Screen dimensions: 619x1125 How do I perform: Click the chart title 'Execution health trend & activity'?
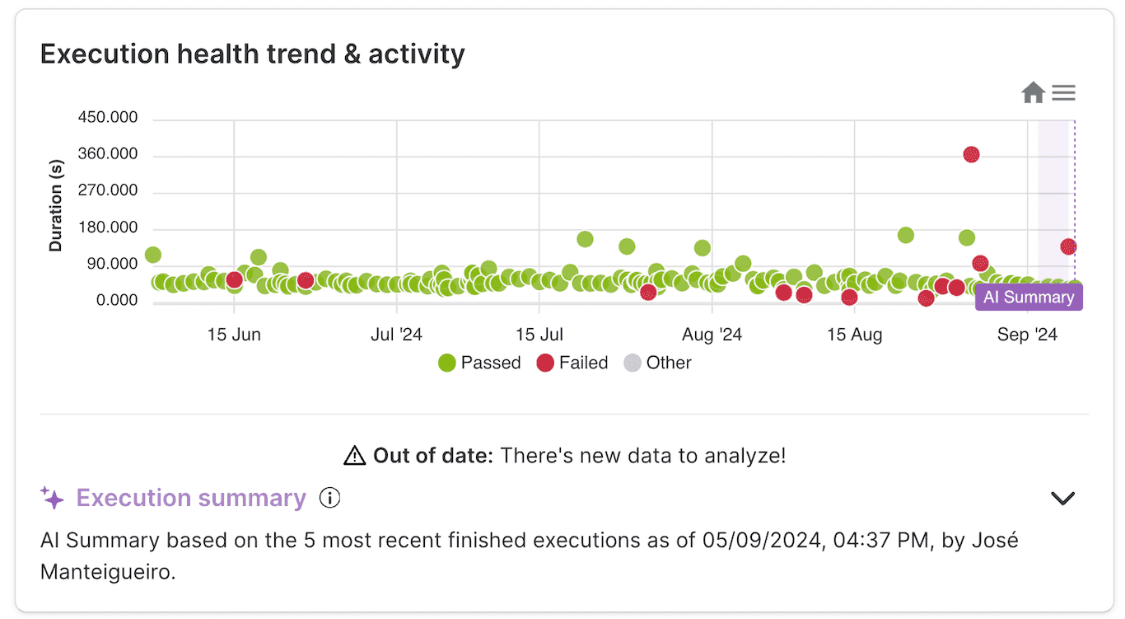[252, 54]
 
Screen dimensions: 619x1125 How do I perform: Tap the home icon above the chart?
[1033, 93]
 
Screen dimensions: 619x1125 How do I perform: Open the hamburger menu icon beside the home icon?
[1064, 93]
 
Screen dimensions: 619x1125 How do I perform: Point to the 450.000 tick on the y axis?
[108, 118]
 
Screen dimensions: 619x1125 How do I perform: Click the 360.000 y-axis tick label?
[108, 154]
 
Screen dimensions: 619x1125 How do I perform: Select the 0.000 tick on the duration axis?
[116, 300]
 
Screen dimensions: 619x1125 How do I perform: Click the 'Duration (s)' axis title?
[56, 206]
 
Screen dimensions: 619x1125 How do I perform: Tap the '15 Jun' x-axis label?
[234, 335]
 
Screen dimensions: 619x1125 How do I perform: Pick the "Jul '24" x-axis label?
[396, 335]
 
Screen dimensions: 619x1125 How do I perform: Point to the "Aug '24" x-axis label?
[712, 335]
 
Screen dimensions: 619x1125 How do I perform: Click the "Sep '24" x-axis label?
[1027, 335]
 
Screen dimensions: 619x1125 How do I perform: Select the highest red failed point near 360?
[971, 154]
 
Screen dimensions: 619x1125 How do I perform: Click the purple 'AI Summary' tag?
[1029, 298]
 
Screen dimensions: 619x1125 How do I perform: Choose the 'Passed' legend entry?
[480, 363]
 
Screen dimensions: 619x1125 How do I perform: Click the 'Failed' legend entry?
[573, 363]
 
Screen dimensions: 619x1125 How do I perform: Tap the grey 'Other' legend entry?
[658, 363]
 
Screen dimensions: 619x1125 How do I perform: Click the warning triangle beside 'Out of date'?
[354, 455]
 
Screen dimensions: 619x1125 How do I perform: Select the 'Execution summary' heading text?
[191, 498]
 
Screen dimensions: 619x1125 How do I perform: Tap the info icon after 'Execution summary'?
[329, 498]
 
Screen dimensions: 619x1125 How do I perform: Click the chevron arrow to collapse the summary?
[1063, 498]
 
